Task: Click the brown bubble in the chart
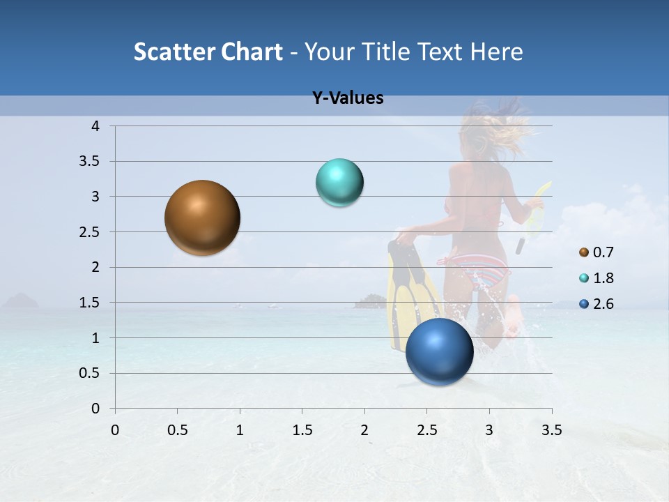[x=202, y=218]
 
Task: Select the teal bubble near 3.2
[x=339, y=183]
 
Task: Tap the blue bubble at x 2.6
[x=439, y=351]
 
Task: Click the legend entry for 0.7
[x=596, y=252]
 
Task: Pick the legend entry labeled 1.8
[x=596, y=278]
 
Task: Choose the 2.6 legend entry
[x=596, y=304]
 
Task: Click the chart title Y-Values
[x=348, y=98]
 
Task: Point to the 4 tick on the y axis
[x=96, y=126]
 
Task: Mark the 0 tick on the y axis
[x=96, y=409]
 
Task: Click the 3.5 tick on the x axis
[x=551, y=430]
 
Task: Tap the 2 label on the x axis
[x=364, y=430]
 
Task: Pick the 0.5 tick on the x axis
[x=177, y=430]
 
